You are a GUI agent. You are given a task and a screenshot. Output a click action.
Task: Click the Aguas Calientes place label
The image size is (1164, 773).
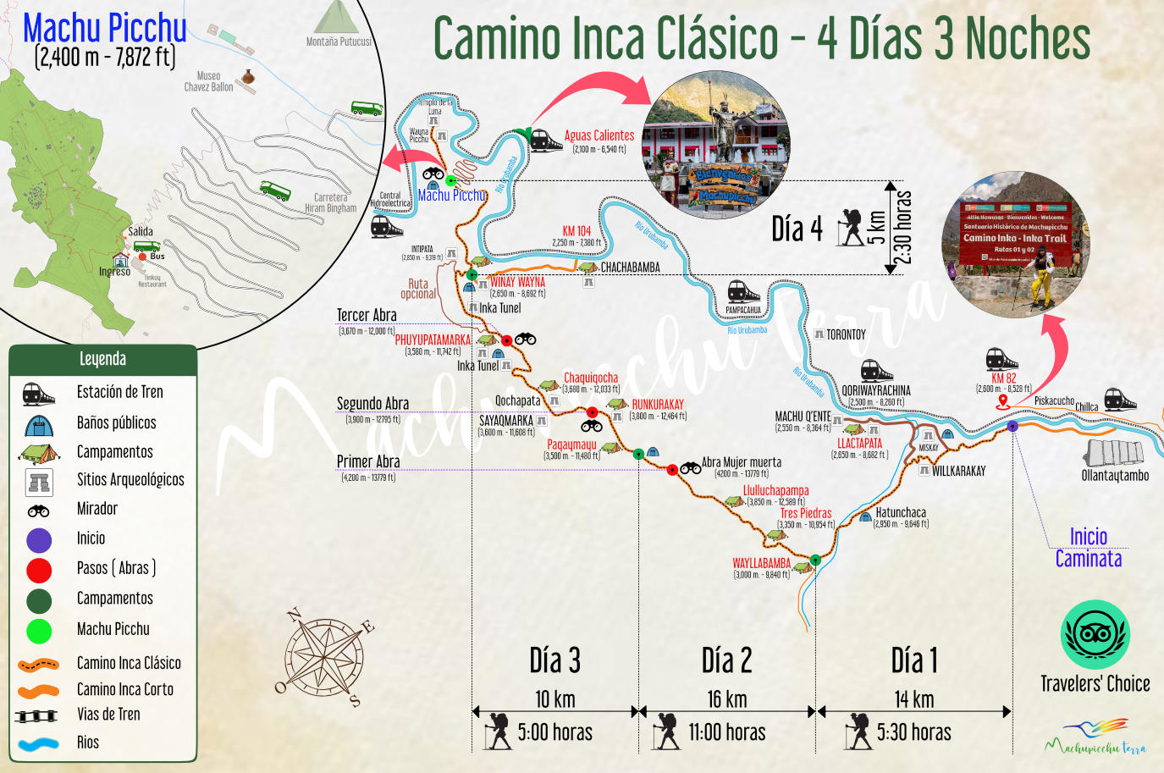[599, 135]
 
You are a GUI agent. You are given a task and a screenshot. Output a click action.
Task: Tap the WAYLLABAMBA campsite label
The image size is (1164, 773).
[761, 563]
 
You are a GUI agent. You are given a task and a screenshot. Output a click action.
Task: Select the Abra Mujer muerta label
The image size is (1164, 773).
[742, 462]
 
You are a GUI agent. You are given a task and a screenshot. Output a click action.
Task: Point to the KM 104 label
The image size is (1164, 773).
[576, 231]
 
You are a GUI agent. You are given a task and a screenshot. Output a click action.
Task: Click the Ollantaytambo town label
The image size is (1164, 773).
[1115, 475]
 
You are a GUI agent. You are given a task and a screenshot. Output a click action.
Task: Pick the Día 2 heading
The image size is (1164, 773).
[726, 661]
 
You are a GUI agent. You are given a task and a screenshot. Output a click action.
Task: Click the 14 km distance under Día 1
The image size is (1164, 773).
[913, 699]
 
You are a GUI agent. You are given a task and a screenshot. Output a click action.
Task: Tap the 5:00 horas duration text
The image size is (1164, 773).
[554, 732]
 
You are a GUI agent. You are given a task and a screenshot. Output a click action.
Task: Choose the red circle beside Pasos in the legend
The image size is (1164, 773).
[39, 570]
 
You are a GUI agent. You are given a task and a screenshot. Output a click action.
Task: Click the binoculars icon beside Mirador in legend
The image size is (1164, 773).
[39, 511]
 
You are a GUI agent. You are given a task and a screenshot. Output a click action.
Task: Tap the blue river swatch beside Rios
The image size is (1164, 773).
[39, 744]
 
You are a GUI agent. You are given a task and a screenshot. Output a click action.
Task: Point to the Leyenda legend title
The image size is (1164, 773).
[102, 359]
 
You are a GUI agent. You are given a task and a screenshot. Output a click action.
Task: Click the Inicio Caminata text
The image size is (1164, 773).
[1088, 548]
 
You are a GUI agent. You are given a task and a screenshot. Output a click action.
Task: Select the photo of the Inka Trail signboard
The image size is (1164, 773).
[1016, 246]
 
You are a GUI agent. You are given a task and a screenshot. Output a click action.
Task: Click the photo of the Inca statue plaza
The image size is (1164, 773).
[717, 145]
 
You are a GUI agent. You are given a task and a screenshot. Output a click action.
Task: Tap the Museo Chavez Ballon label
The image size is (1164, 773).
[209, 81]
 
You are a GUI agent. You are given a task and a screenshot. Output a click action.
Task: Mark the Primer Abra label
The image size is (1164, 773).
[368, 461]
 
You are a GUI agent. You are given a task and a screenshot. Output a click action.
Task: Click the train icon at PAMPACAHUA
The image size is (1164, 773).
[743, 292]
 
